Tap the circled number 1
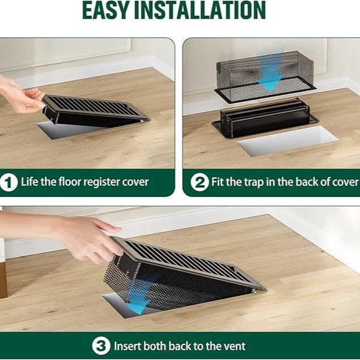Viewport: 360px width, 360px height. [x=8, y=182]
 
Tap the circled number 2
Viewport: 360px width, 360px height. [x=199, y=182]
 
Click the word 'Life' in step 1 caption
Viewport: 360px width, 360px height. [x=31, y=182]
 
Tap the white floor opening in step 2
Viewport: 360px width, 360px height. [x=287, y=141]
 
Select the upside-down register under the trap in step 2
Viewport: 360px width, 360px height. [x=265, y=117]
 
